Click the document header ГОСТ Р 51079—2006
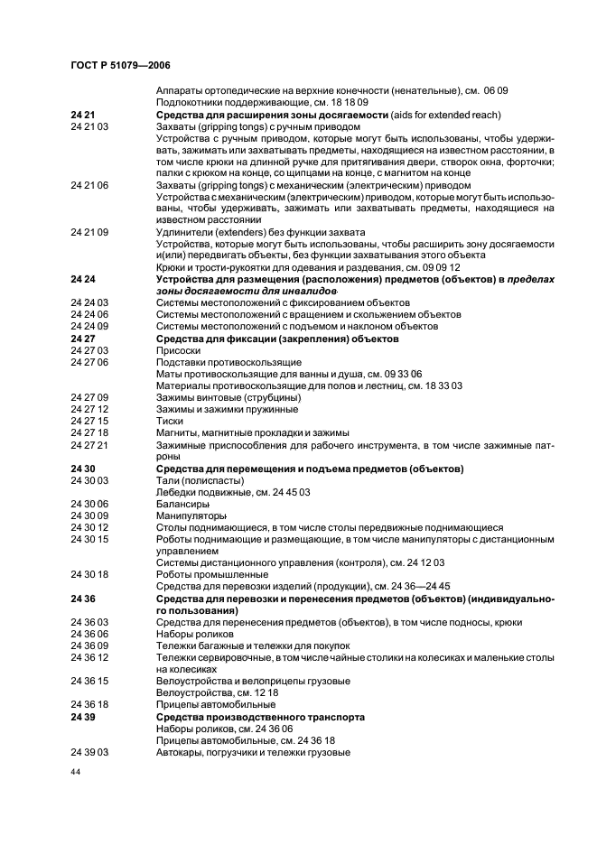[x=120, y=66]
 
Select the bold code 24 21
[x=82, y=116]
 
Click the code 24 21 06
[x=89, y=184]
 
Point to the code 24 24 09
[x=89, y=326]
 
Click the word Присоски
[x=178, y=349]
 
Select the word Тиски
[x=170, y=421]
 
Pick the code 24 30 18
[x=89, y=574]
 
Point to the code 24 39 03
[x=89, y=752]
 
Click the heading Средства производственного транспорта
[x=260, y=717]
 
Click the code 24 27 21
[x=89, y=444]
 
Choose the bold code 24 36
[x=82, y=598]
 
